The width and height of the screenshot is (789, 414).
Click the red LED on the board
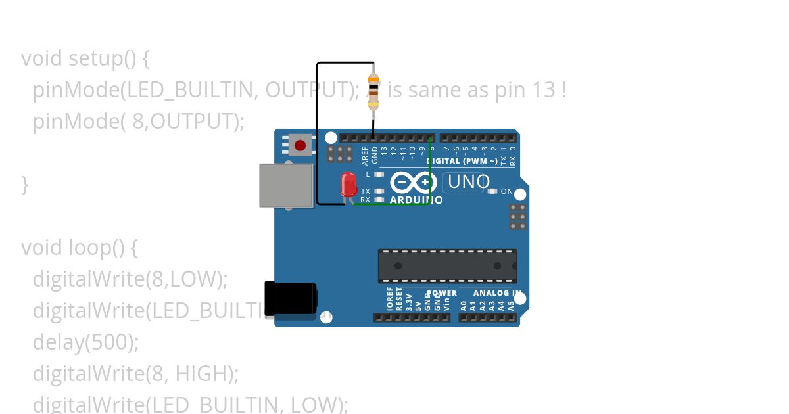(x=348, y=183)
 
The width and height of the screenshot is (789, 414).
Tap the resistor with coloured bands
(x=373, y=92)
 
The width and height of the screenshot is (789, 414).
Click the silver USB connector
(x=286, y=185)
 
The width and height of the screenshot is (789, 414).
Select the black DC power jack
(x=290, y=298)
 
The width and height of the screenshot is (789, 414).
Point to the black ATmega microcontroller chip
(x=447, y=266)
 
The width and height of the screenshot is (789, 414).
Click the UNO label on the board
(x=468, y=182)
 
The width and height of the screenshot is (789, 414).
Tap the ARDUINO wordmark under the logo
(x=416, y=200)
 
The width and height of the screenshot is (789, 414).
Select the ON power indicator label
(x=507, y=191)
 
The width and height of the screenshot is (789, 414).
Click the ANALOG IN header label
(x=497, y=293)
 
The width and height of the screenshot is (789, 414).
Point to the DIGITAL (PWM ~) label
(x=462, y=161)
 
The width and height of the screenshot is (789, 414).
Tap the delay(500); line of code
(x=86, y=342)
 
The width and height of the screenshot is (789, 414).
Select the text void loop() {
(x=80, y=248)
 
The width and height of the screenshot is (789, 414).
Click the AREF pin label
(x=366, y=155)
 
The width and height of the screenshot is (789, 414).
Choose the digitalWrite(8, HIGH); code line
(x=135, y=374)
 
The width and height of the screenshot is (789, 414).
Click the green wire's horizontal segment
(x=391, y=204)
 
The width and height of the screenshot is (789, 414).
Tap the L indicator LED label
(x=368, y=175)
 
